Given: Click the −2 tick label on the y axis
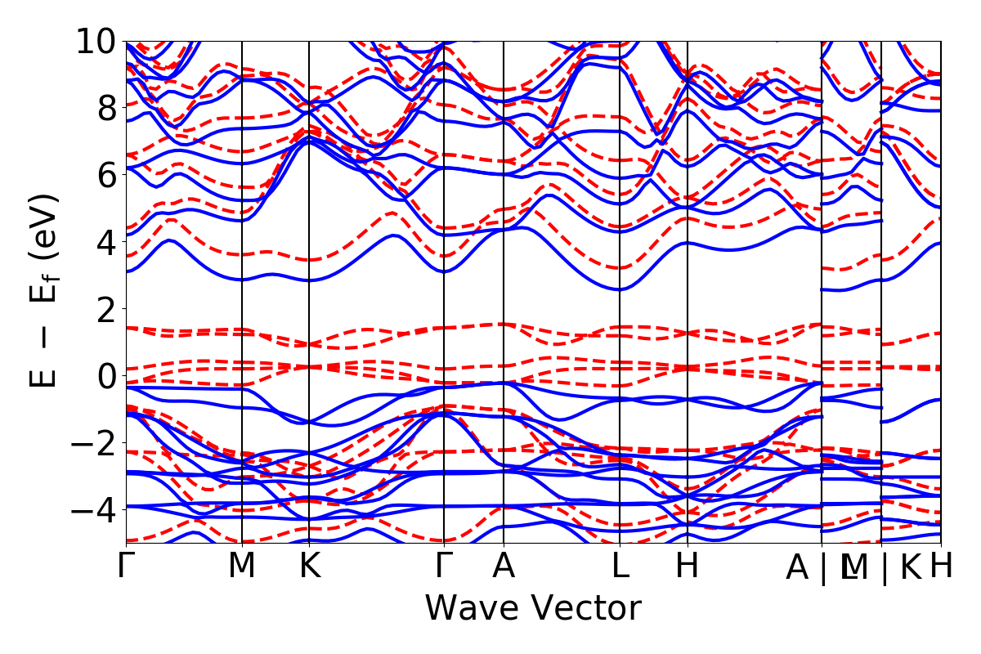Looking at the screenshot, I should [x=91, y=442].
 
